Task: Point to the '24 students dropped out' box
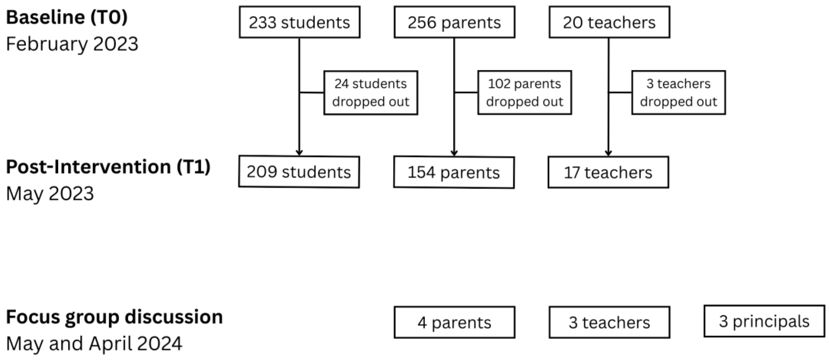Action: [370, 93]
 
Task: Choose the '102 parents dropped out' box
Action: [524, 93]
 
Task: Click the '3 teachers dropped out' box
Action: [678, 93]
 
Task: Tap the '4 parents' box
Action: [454, 322]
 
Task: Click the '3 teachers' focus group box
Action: [609, 322]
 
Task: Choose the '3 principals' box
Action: [764, 321]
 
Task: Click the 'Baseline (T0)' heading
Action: [67, 17]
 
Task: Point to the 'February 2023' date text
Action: [72, 44]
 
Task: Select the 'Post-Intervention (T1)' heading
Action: [108, 167]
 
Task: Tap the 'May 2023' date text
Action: [50, 193]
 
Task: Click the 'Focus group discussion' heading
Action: [114, 317]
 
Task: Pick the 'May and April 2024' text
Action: [94, 344]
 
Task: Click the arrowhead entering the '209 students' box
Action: [299, 153]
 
